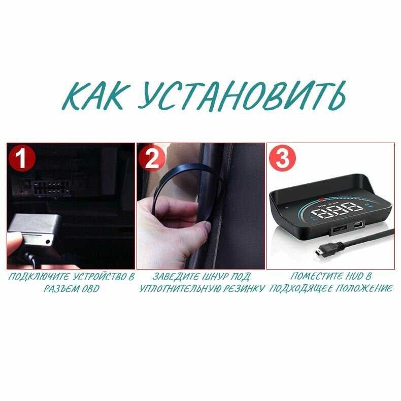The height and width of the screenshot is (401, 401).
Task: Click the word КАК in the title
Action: (x=95, y=95)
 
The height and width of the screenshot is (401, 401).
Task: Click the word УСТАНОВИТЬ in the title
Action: (x=242, y=95)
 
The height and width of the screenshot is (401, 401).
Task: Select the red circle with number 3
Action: (x=282, y=158)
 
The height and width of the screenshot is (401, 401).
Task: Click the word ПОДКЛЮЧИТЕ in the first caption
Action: (x=39, y=277)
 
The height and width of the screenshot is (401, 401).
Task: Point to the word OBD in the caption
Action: (x=90, y=289)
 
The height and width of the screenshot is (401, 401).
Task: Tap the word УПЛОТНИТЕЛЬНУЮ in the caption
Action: (x=180, y=289)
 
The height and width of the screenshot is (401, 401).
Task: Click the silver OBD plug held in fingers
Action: (x=32, y=229)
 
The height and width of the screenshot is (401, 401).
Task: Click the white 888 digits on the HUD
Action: (x=337, y=210)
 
